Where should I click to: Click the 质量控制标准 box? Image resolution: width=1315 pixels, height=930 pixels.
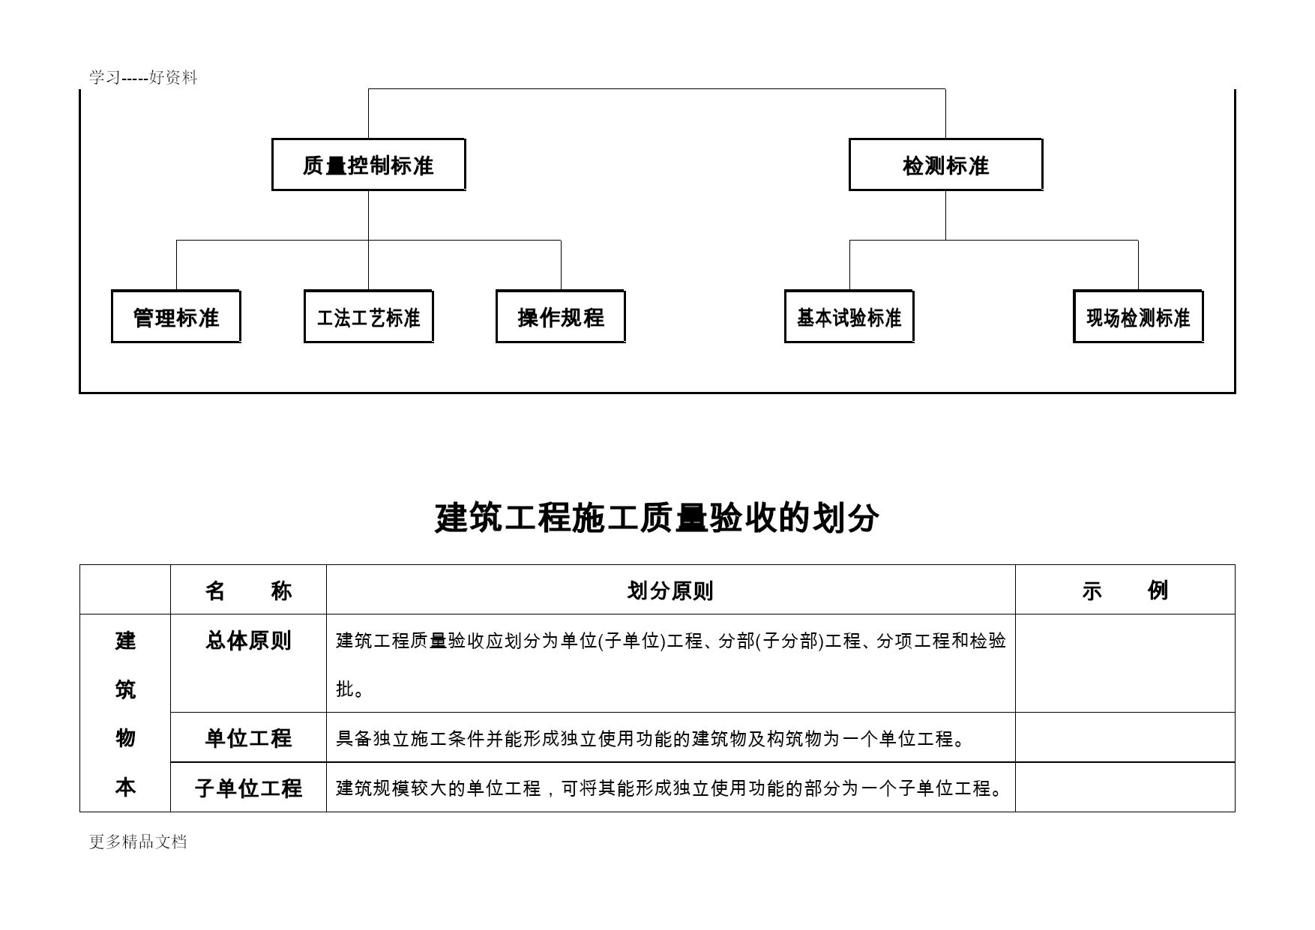pos(368,165)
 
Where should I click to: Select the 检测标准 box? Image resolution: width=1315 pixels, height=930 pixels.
pos(945,165)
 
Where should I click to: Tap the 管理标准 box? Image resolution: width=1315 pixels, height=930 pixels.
pos(176,317)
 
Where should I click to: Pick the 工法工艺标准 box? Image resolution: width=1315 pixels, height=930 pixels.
pos(368,317)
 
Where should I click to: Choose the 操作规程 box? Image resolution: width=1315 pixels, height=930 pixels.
pos(561,317)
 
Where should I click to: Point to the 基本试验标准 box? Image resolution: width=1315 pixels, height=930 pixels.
pos(849,317)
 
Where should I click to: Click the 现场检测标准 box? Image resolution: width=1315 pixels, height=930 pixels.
pos(1138,317)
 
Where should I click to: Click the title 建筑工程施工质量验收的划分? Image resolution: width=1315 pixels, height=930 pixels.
pos(657,518)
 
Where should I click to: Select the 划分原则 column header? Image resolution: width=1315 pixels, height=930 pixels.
pos(670,591)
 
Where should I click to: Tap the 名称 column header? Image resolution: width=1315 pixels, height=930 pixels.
pos(248,591)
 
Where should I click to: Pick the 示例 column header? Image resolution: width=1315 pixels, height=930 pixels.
pos(1125,591)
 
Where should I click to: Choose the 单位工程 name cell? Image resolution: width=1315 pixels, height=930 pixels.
pos(248,738)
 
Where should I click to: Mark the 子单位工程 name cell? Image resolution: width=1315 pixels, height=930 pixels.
pos(248,788)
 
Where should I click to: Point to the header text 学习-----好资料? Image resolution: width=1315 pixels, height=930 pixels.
pos(143,77)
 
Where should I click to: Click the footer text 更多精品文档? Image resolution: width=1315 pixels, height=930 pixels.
pos(138,842)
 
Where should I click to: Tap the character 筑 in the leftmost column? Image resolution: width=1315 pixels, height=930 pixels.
pos(125,689)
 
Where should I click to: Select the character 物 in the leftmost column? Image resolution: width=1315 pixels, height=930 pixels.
pos(125,738)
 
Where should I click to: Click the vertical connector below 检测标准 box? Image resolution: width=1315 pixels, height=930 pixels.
pos(945,216)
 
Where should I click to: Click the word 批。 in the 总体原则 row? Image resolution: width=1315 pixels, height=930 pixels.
pos(350,689)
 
